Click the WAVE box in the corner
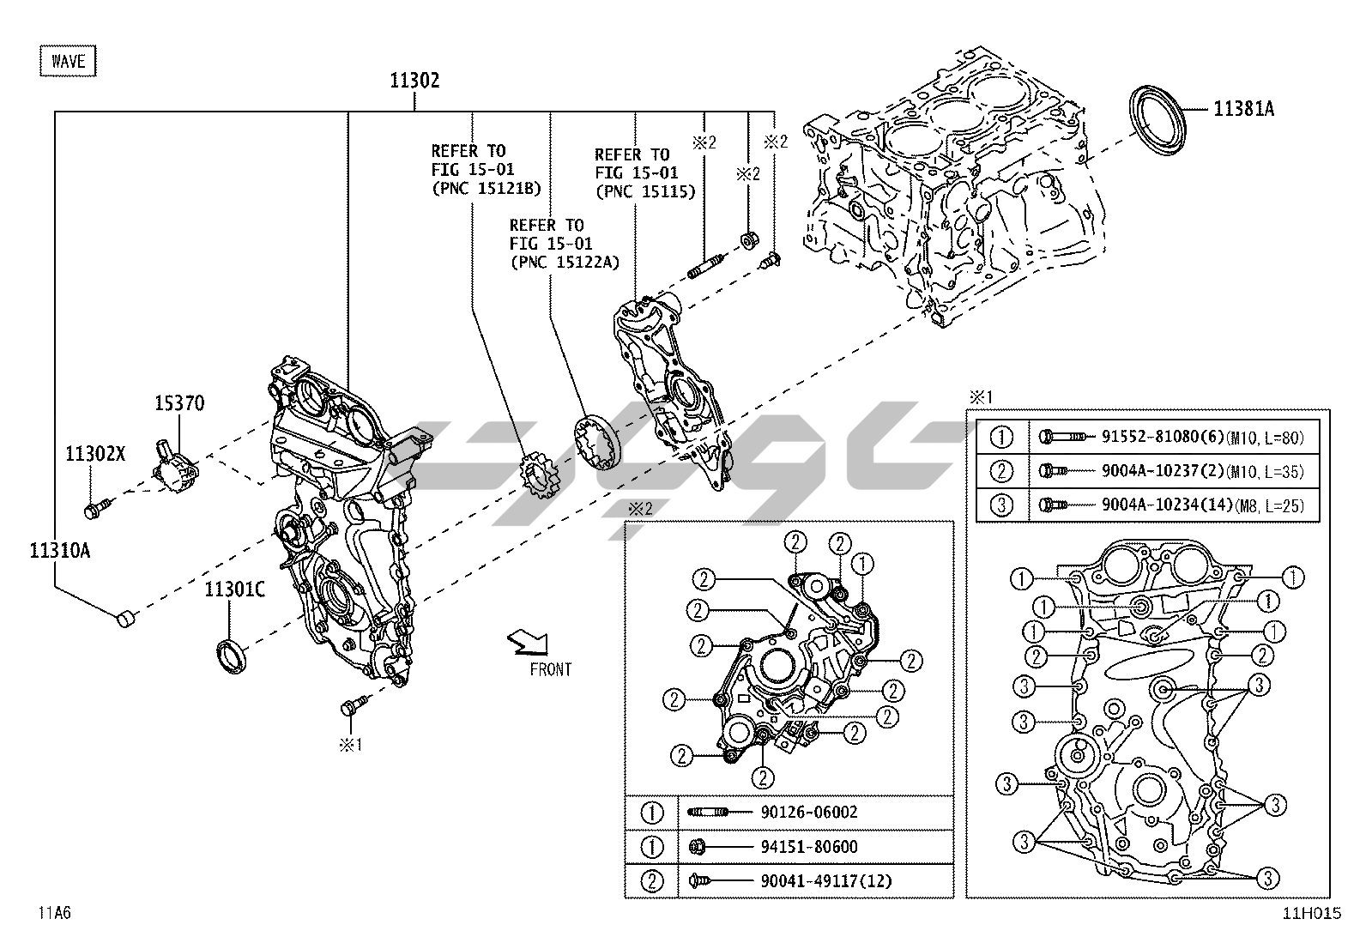pos(68,61)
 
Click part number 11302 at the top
pos(414,82)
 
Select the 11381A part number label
pos(1242,109)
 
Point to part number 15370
pos(179,403)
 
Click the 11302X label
pos(95,454)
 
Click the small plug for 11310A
pos(125,618)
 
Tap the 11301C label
pos(234,589)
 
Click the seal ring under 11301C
pos(231,656)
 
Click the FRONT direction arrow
pos(526,641)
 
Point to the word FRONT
pos(550,669)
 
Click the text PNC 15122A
pos(564,263)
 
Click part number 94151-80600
pos(808,846)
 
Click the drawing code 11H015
pos(1311,915)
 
